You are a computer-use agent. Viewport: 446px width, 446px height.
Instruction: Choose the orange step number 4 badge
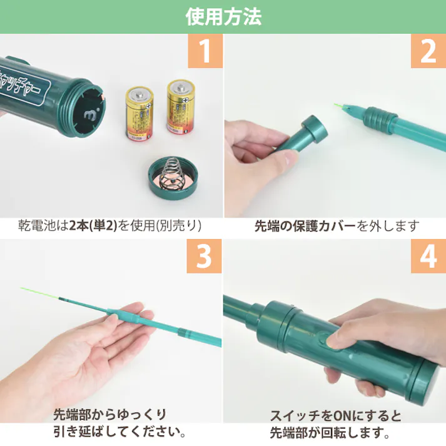pyautogui.click(x=428, y=256)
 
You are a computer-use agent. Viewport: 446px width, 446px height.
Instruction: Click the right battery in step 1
pyautogui.click(x=180, y=106)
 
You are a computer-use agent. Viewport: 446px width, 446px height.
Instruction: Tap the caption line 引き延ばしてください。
pyautogui.click(x=119, y=432)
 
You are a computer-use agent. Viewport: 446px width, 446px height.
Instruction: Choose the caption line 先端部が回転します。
pyautogui.click(x=330, y=432)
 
